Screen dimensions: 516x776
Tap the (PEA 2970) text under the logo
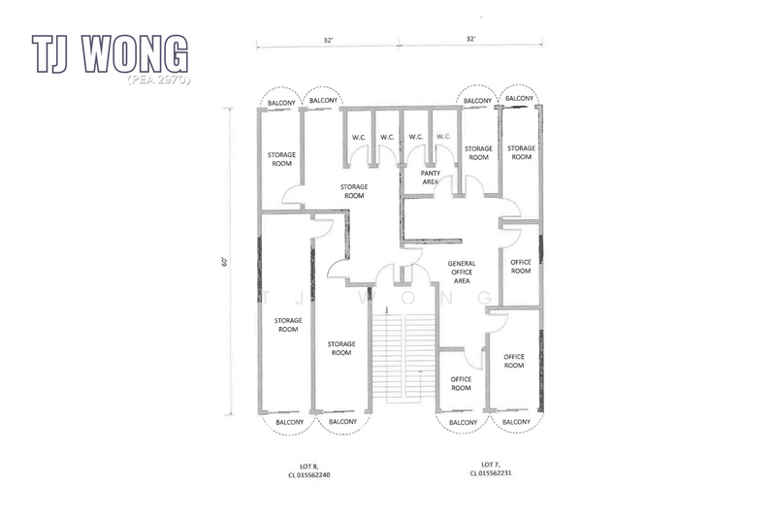click(158, 78)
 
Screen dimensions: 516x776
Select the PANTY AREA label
click(431, 177)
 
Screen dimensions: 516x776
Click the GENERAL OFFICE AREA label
click(461, 272)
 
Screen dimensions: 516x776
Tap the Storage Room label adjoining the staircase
click(340, 347)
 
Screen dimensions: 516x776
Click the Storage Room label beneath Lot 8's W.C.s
click(353, 191)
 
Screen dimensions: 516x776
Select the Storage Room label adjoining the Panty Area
click(478, 152)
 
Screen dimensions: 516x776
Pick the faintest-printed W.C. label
click(443, 137)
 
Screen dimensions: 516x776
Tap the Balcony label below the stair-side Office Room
click(462, 423)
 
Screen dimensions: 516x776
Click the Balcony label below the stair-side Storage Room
click(340, 423)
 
